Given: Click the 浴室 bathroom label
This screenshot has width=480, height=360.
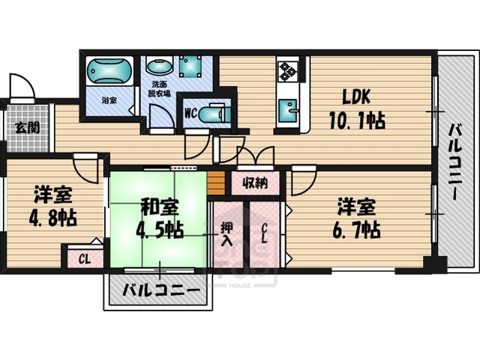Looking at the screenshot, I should pyautogui.click(x=109, y=100).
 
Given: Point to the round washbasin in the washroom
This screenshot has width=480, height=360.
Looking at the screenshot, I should pyautogui.click(x=157, y=67).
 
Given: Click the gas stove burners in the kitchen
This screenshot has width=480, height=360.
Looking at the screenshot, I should pyautogui.click(x=288, y=71).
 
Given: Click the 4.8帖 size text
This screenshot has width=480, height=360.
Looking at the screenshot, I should pyautogui.click(x=52, y=220).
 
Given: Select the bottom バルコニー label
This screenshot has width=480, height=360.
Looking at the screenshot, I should pyautogui.click(x=160, y=290).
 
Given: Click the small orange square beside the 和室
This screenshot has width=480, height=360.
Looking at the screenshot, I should pyautogui.click(x=216, y=182).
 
